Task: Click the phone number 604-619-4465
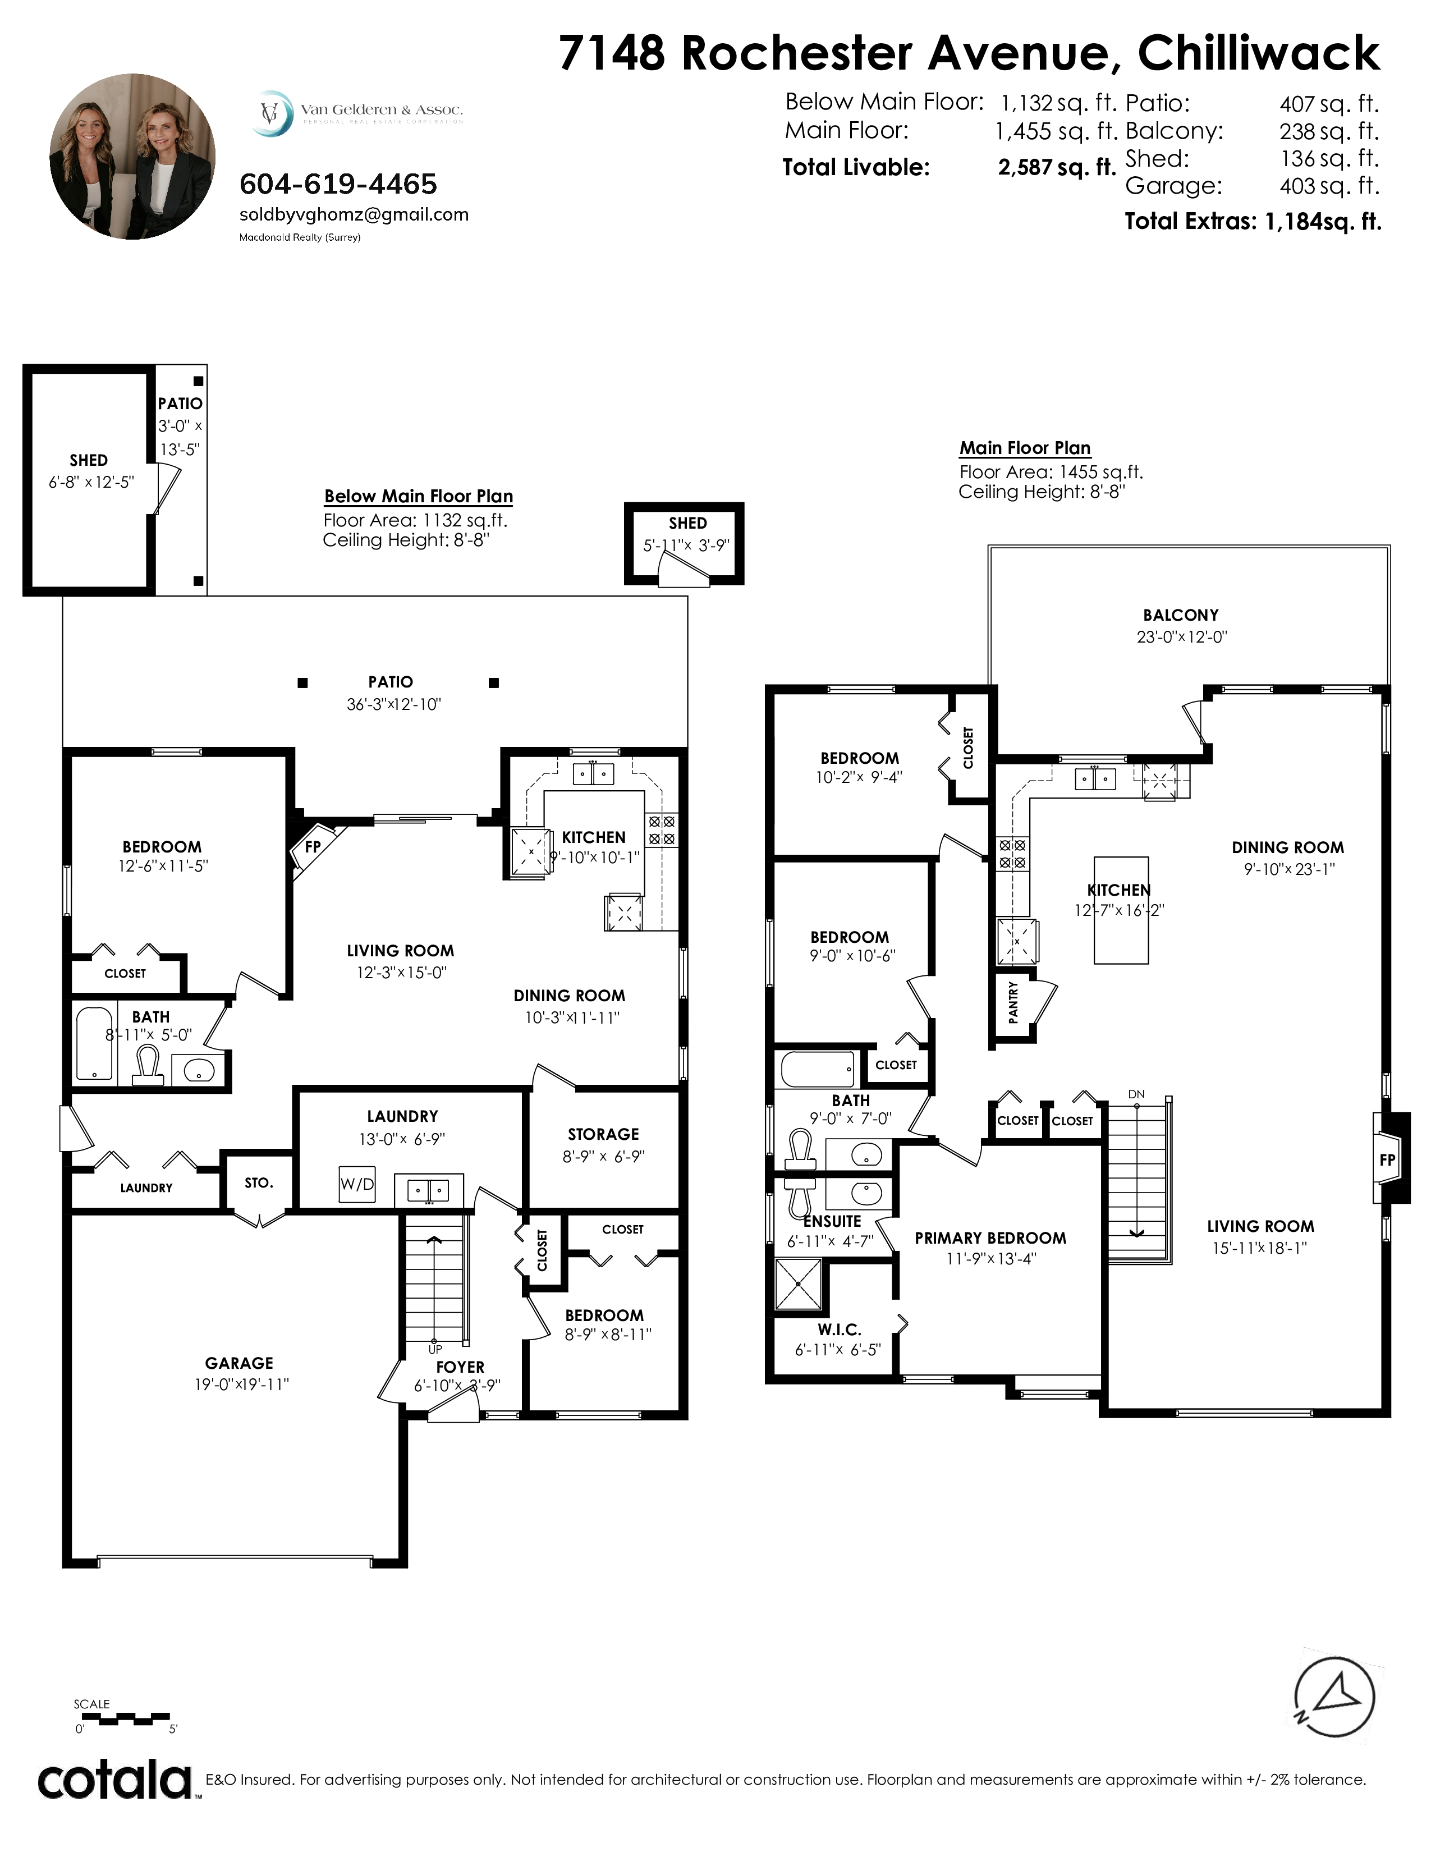click(338, 184)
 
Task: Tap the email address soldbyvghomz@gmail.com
click(354, 214)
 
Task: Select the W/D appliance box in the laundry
click(357, 1184)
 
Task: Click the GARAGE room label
click(239, 1363)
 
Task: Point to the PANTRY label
click(1013, 1003)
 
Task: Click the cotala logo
click(115, 1779)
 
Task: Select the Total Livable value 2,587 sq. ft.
click(1056, 167)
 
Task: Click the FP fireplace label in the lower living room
click(312, 846)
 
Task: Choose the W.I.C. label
click(840, 1330)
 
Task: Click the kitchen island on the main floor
click(1122, 910)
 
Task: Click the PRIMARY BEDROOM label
click(990, 1238)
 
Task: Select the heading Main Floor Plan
click(1025, 448)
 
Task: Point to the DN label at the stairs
click(1137, 1094)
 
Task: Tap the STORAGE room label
click(604, 1134)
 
